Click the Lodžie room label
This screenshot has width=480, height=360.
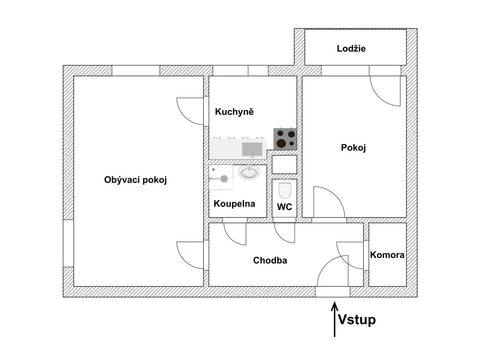(351, 49)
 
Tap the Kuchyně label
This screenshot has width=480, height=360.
(234, 112)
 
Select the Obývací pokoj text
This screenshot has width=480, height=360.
(135, 180)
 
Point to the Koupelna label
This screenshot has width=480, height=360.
(234, 203)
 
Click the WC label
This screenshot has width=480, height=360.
(285, 207)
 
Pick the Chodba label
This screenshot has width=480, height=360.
(270, 261)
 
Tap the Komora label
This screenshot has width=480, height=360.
(387, 255)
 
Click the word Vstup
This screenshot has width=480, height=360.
(357, 320)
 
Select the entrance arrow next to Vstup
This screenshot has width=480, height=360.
(335, 319)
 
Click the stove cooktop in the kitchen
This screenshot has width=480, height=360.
(285, 139)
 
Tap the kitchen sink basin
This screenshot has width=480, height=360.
(252, 150)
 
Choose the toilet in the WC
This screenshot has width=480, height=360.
(285, 190)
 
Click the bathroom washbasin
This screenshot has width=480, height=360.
(249, 172)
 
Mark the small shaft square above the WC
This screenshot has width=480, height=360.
(285, 165)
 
